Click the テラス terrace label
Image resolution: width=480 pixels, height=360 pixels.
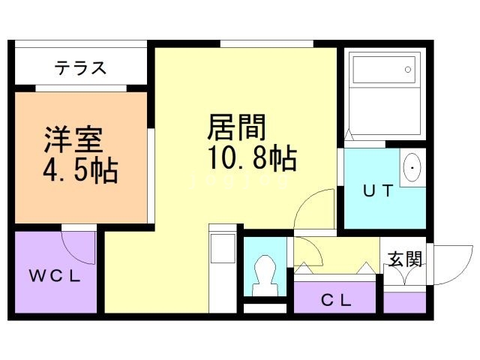pos(80,69)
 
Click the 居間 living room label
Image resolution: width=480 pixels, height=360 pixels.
pos(236,126)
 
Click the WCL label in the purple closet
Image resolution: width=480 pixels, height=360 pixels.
pos(55,275)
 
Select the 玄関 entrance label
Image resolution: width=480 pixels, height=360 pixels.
pos(404,259)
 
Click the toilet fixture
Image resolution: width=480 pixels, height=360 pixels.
pos(265,274)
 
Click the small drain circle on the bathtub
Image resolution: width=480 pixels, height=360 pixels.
pos(408,70)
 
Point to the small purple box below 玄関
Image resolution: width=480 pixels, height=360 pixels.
pos(404,301)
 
